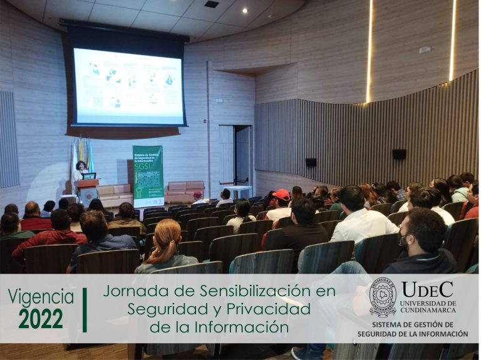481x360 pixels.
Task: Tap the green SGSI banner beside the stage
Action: pyautogui.click(x=148, y=175)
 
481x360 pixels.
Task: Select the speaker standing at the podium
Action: pyautogui.click(x=81, y=170)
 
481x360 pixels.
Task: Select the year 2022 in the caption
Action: pyautogui.click(x=41, y=319)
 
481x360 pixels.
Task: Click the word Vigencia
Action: pyautogui.click(x=41, y=297)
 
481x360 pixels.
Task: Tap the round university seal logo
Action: pyautogui.click(x=383, y=297)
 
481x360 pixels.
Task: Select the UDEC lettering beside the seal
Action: pyautogui.click(x=428, y=289)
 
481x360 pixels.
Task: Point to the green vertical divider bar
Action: pyautogui.click(x=85, y=309)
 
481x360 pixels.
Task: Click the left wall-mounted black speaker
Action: pyautogui.click(x=311, y=162)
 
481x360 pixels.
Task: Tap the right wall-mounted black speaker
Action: pyautogui.click(x=398, y=154)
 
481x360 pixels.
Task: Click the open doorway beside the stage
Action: pyautogui.click(x=242, y=157)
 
